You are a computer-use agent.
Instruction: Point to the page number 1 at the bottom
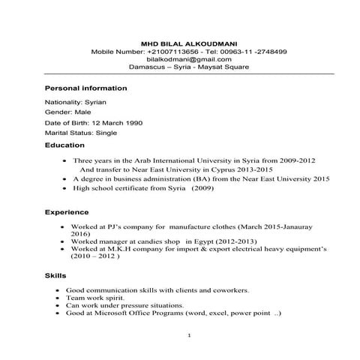point(190,334)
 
